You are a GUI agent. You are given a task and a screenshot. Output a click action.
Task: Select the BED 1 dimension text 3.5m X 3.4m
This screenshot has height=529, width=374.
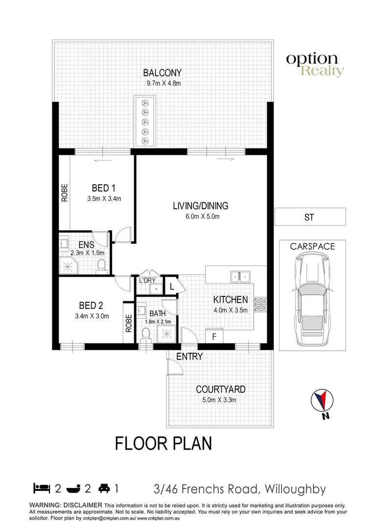click(104, 199)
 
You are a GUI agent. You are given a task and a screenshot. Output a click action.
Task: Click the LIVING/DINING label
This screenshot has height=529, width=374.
click(200, 206)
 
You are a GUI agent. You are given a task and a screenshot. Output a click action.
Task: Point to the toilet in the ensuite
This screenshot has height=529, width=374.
click(102, 265)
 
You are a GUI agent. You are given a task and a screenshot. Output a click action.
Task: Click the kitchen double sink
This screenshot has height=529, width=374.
click(240, 277)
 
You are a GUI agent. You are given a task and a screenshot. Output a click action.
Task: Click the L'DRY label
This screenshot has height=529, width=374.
click(147, 281)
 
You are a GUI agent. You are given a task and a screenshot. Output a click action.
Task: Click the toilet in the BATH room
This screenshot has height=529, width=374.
click(145, 335)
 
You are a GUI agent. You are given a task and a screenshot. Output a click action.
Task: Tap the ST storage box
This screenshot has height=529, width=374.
click(309, 216)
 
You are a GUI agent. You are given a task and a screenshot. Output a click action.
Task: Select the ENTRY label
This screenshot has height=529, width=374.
click(189, 357)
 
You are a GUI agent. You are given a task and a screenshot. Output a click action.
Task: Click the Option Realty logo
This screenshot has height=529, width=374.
click(315, 65)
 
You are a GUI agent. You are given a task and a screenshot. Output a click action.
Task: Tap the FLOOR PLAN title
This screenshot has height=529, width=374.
click(164, 444)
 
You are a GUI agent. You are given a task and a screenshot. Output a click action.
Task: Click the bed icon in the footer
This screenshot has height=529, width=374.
click(42, 488)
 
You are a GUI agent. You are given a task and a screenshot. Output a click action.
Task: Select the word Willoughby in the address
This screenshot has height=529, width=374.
click(296, 489)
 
